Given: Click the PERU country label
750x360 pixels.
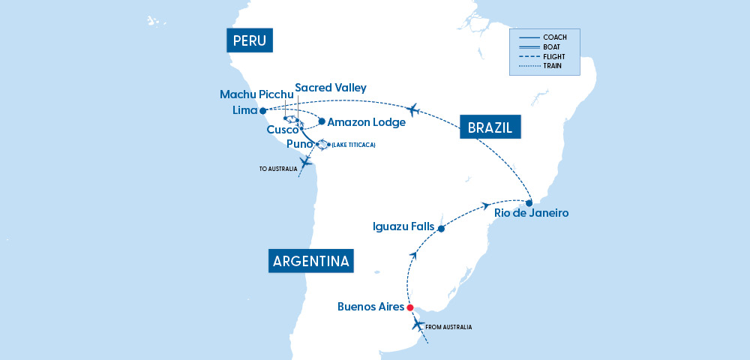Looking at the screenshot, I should click(x=250, y=40).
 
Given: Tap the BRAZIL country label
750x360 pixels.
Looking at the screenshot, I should click(x=490, y=128).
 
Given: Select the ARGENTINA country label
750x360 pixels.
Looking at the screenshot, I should click(x=310, y=262).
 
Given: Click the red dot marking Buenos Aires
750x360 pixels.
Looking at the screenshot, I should click(x=409, y=307).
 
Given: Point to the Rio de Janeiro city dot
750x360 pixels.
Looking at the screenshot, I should click(x=529, y=202).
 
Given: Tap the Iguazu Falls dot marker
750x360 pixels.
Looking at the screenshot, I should click(x=441, y=228).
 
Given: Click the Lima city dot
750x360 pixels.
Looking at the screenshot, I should click(x=262, y=111).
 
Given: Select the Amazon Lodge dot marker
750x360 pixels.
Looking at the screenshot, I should click(x=322, y=121).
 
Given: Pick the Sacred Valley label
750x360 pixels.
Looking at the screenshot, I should click(x=331, y=88).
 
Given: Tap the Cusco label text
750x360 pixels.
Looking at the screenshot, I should click(x=282, y=130).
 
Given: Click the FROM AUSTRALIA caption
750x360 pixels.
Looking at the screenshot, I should click(x=448, y=327).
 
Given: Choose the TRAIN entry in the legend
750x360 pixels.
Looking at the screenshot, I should click(x=554, y=66).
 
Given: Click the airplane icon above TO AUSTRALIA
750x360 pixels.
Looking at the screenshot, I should click(x=305, y=163).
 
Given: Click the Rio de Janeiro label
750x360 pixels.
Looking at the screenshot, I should click(x=532, y=213).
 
